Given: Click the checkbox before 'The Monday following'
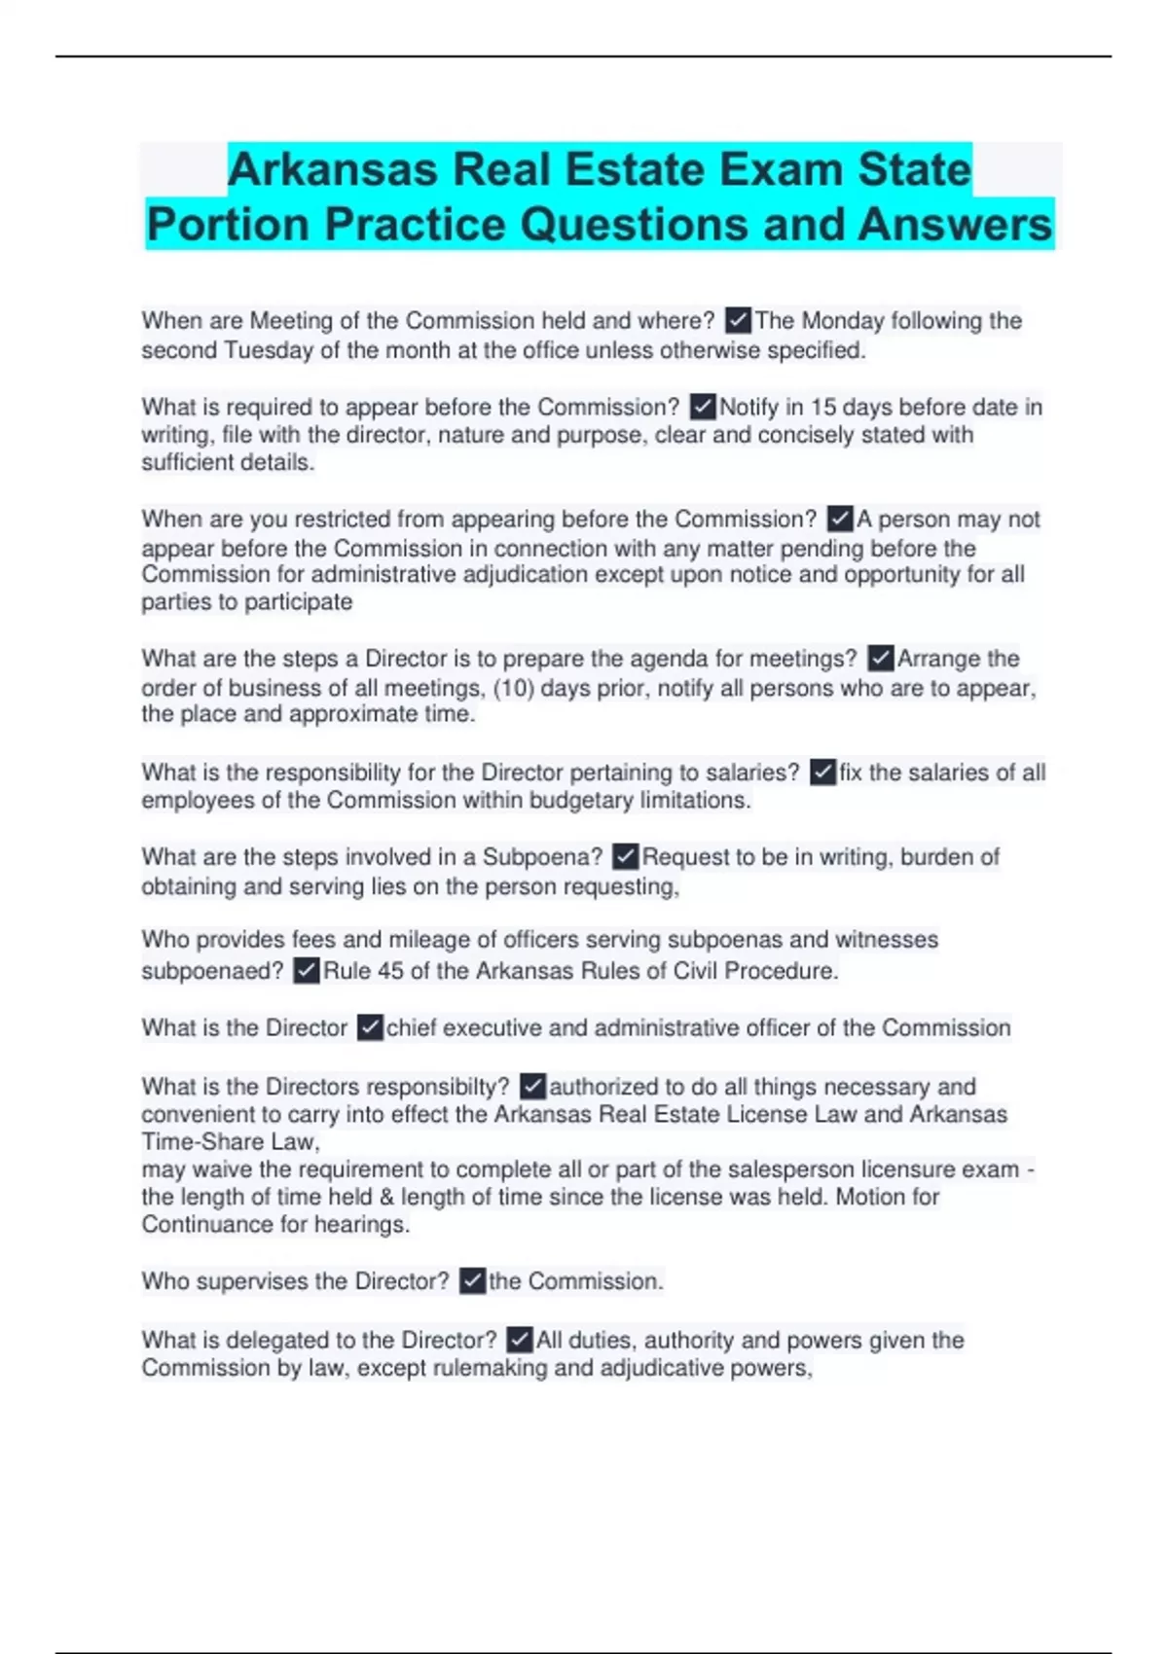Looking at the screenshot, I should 738,320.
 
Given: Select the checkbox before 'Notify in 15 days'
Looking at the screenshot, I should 702,407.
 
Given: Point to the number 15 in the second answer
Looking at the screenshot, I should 822,407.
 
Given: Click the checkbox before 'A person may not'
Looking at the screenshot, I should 839,519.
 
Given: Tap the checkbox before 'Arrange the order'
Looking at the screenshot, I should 880,659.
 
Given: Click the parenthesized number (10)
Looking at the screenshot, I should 513,688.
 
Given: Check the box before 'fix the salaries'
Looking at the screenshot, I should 822,773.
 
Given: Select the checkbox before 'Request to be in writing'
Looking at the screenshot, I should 625,857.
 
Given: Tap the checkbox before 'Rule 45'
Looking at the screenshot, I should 306,971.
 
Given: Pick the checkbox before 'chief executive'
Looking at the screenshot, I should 369,1028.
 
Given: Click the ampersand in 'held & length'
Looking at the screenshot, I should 385,1197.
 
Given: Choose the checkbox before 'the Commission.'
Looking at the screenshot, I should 472,1281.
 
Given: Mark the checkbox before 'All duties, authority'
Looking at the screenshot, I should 520,1340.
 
